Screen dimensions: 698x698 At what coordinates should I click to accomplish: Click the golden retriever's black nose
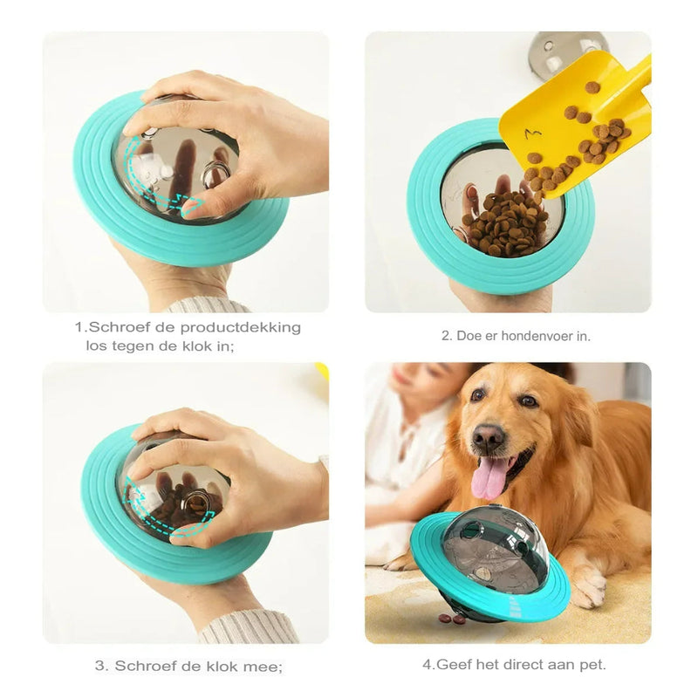tap(489, 435)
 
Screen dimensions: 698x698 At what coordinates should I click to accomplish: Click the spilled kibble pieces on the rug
tap(452, 619)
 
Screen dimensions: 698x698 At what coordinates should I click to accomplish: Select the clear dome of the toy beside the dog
tap(484, 550)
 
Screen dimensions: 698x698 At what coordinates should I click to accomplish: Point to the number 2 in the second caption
tap(446, 336)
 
